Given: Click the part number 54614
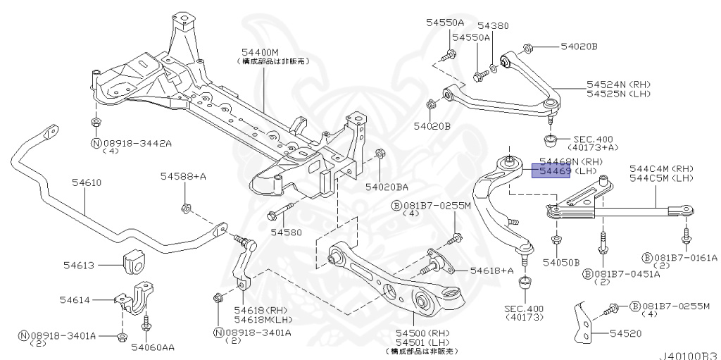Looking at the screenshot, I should point(74,299).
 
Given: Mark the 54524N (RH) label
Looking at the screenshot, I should point(619,84).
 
